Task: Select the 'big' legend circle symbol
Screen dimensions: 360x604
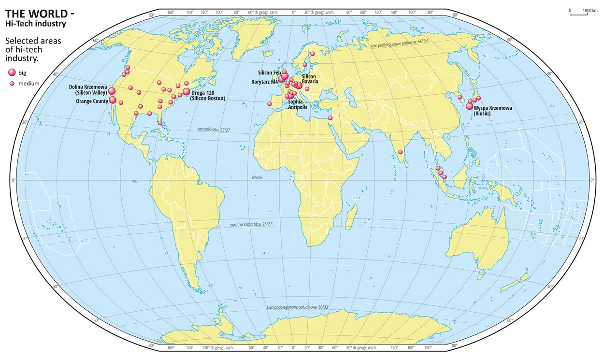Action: click(x=12, y=72)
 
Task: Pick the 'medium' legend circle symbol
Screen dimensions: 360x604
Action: click(x=12, y=84)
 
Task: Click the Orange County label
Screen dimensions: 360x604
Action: click(x=92, y=101)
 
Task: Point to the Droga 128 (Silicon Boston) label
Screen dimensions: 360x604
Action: click(x=208, y=95)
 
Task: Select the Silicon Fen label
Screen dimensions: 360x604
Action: click(x=270, y=72)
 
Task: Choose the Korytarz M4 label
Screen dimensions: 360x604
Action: click(x=264, y=82)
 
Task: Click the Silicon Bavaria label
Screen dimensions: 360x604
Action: click(x=310, y=79)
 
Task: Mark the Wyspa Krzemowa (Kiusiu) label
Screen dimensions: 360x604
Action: click(x=492, y=111)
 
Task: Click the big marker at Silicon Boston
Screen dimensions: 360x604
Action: click(x=187, y=91)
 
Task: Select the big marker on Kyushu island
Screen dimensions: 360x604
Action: click(x=469, y=106)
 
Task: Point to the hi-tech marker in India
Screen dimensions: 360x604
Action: click(x=400, y=152)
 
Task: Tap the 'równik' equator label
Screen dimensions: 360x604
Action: click(x=257, y=178)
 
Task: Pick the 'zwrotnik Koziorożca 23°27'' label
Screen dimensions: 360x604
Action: click(x=251, y=224)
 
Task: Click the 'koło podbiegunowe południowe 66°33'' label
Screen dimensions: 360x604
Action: click(x=298, y=307)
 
